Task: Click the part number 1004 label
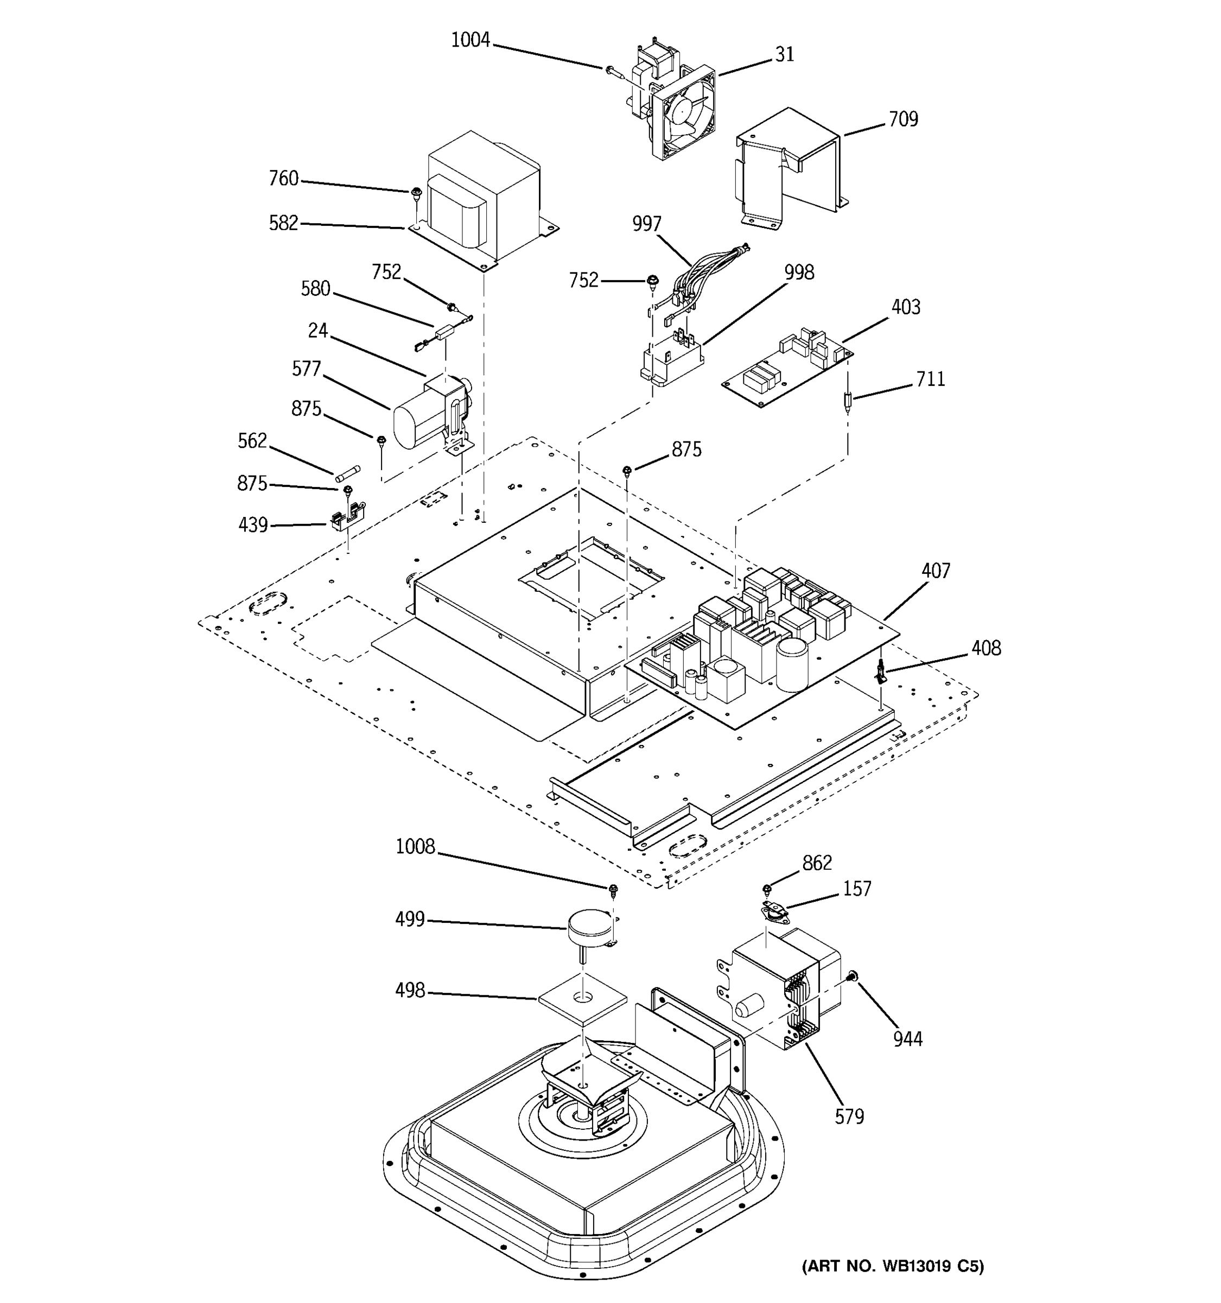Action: (x=470, y=41)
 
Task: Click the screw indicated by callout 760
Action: (x=416, y=193)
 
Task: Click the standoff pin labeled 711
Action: (x=848, y=401)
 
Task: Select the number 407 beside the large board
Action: (x=936, y=571)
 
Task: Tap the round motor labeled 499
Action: (x=589, y=925)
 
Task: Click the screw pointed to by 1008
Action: (x=614, y=889)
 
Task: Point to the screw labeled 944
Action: (x=851, y=977)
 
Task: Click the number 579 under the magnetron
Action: (x=849, y=1116)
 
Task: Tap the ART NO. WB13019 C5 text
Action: (x=893, y=1266)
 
